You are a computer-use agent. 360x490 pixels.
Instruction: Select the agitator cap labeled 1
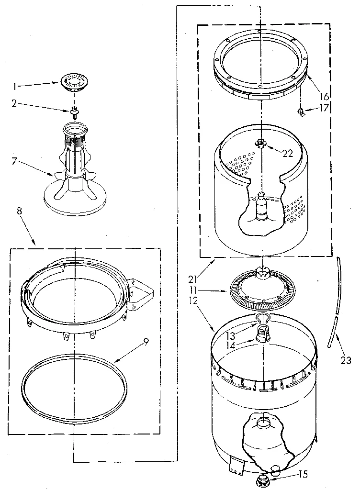pyautogui.click(x=74, y=82)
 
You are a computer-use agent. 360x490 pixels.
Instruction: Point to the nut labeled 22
pyautogui.click(x=260, y=142)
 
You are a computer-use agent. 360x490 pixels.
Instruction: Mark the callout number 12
pyautogui.click(x=206, y=302)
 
